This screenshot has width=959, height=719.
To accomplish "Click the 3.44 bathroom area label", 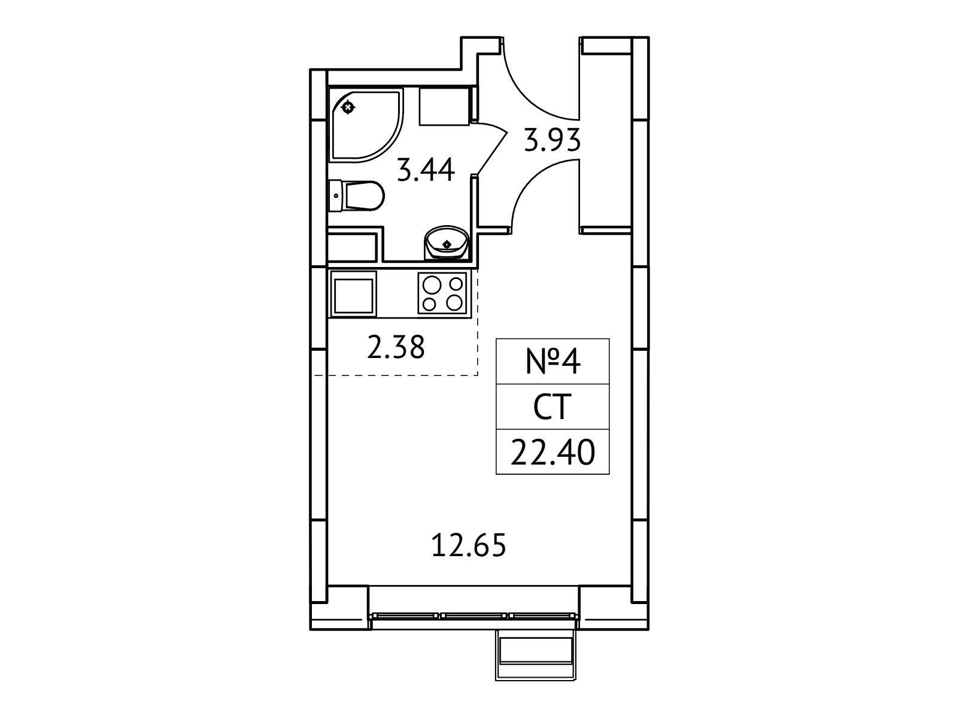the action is [426, 171].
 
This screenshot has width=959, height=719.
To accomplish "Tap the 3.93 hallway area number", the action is [552, 139].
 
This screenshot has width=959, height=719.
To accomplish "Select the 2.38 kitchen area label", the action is [396, 347].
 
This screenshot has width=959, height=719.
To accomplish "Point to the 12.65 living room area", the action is [468, 545].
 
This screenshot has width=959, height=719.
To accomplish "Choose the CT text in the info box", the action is [553, 406].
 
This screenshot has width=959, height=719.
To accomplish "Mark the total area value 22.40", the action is [553, 452].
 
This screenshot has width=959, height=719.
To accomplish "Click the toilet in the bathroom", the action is [356, 196].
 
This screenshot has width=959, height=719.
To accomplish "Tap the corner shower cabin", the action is [366, 125].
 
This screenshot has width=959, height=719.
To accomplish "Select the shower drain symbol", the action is [348, 107].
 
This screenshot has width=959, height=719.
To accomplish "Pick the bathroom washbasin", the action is [446, 244].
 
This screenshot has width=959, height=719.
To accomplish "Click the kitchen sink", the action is [353, 293].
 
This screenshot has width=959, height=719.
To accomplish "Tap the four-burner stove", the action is [442, 293].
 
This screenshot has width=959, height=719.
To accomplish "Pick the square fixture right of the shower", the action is [445, 106].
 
